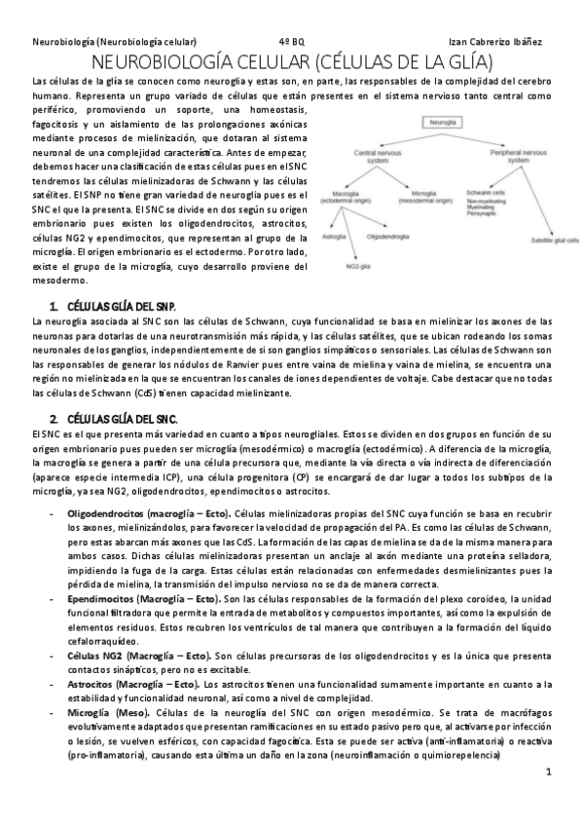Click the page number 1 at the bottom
coord(549,772)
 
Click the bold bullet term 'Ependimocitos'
coord(101,596)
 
